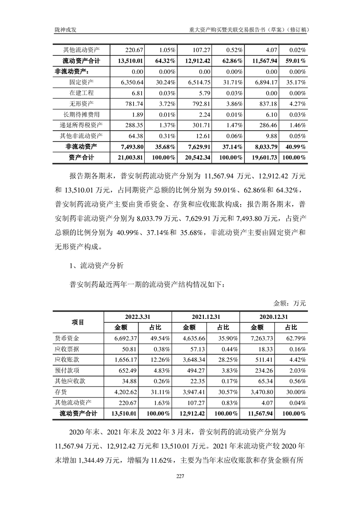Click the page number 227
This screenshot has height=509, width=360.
(180, 475)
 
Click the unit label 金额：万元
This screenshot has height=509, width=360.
(290, 303)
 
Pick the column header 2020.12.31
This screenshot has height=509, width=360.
(274, 317)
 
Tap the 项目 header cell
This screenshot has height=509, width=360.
(78, 322)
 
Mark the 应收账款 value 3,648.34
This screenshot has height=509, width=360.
(200, 360)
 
